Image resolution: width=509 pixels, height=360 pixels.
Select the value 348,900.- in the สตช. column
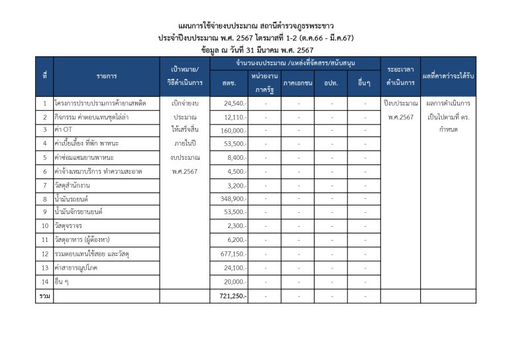233,199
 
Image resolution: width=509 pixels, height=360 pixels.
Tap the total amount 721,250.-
233,295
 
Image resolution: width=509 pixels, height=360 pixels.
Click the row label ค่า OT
64,129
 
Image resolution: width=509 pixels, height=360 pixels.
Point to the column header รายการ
106,76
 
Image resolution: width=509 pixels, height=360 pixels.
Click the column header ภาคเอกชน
298,83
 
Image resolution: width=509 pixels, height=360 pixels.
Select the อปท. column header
331,83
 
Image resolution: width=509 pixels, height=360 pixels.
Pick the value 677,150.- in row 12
233,253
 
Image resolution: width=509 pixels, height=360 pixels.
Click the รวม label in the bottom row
44,295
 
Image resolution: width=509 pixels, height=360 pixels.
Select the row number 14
44,281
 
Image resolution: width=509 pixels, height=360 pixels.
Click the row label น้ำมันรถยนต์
74,199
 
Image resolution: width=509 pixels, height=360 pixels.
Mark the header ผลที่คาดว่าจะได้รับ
453,76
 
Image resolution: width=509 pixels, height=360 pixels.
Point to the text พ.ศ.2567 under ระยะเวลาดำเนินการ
400,117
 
